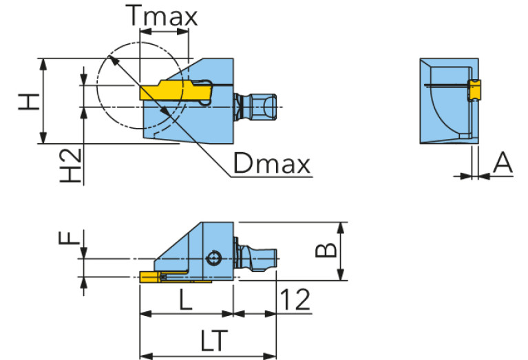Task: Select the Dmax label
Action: pyautogui.click(x=271, y=163)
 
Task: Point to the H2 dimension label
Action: pyautogui.click(x=71, y=165)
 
